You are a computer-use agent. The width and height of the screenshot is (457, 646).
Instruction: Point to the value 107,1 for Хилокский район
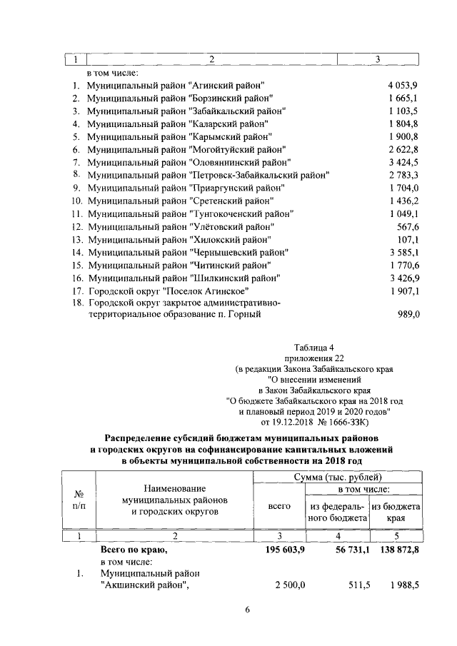coord(406,239)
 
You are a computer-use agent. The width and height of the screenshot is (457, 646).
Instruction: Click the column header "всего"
coord(279,505)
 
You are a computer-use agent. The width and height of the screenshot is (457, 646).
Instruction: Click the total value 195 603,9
coord(281,550)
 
